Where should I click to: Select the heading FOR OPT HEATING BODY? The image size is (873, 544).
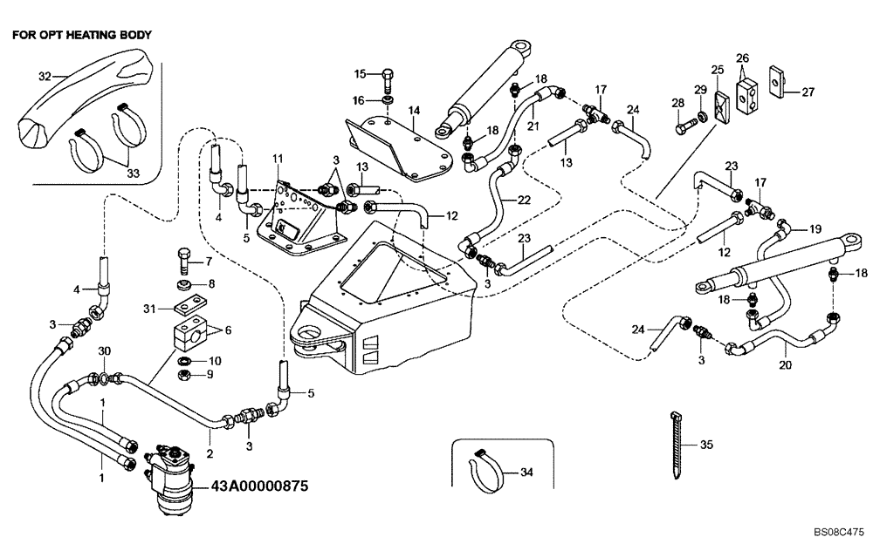coord(82,36)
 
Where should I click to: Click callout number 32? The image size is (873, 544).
coord(45,76)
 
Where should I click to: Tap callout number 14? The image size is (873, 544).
coord(413,111)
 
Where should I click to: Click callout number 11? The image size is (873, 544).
coord(278,158)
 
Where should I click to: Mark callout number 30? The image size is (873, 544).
coord(104,350)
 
